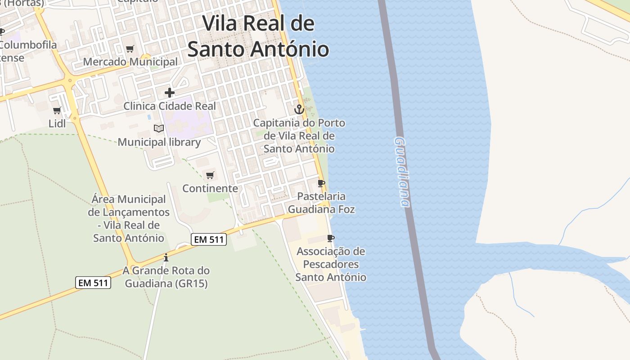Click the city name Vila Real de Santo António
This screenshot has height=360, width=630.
[x=258, y=36]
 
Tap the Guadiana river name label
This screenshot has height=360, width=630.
[x=402, y=172]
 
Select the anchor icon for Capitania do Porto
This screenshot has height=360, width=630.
[x=299, y=109]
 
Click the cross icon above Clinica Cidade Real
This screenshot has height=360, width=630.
[x=169, y=93]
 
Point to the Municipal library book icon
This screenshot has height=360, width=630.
[x=159, y=128]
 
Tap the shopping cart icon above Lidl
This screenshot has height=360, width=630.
[x=57, y=110]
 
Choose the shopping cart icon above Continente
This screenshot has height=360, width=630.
[x=210, y=175]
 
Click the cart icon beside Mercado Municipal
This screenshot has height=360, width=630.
[x=130, y=49]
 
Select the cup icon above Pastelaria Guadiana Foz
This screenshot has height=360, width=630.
[x=321, y=183]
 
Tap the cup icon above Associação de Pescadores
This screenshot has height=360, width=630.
[x=331, y=238]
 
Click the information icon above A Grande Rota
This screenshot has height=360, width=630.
[x=166, y=257]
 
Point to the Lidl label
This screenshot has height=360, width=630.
[x=57, y=123]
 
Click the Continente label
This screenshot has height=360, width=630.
[x=210, y=188]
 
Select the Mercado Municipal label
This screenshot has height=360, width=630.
[x=130, y=62]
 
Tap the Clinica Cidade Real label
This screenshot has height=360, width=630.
[x=170, y=106]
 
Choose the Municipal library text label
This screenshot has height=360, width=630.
[x=159, y=142]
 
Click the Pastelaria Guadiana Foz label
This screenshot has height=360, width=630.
[x=321, y=202]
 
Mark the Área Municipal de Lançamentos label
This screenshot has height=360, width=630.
[x=129, y=218]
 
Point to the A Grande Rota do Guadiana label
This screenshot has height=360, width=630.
[x=166, y=277]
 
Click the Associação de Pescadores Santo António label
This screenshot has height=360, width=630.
[x=331, y=264]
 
